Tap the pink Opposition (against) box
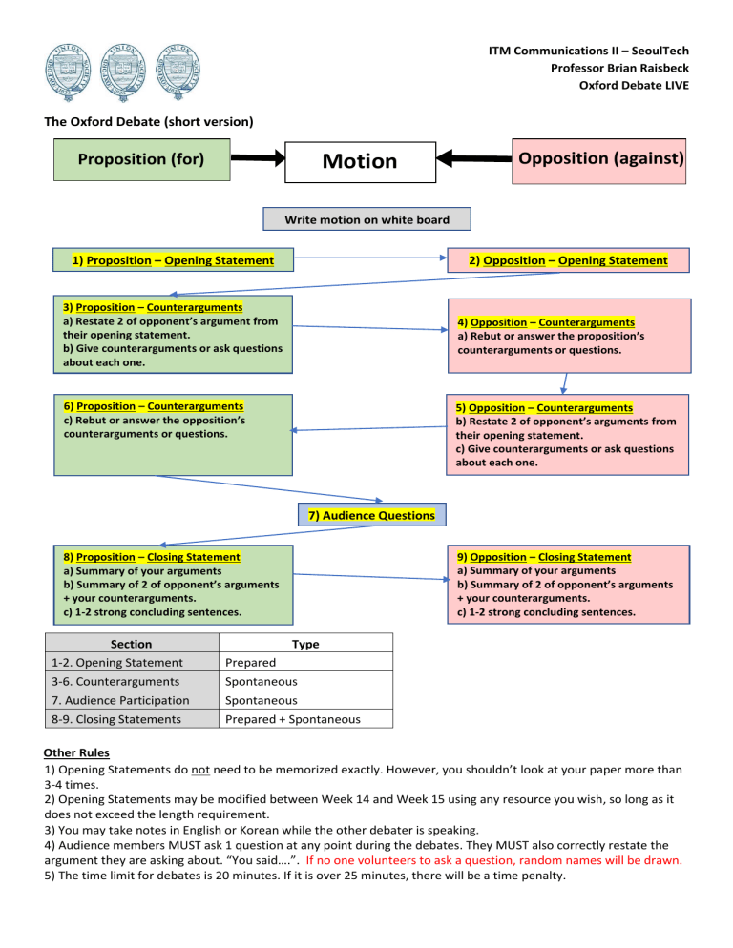[598, 157]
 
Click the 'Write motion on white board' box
[367, 219]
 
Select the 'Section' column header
[131, 644]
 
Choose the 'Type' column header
[305, 644]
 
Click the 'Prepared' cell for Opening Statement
[249, 663]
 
